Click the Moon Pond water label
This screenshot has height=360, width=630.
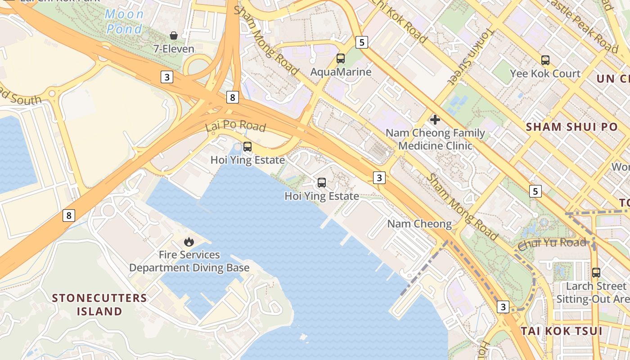pos(124,22)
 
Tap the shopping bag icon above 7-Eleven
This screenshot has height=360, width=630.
pos(174,36)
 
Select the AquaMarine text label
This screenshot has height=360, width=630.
pos(341,72)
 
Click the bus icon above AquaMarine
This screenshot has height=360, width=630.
pos(341,58)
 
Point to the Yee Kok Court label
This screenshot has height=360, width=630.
pos(545,73)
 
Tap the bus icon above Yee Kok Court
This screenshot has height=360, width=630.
pos(545,60)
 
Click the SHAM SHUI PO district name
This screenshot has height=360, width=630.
pos(572,127)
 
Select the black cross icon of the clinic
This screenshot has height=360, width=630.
pos(435,120)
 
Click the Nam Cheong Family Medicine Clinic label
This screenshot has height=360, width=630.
pos(435,139)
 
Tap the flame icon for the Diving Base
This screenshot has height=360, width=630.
pos(189,242)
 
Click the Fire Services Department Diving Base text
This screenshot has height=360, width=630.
pos(189,261)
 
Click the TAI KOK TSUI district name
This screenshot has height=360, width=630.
pos(561,331)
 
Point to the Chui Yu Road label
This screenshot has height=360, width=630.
pos(552,243)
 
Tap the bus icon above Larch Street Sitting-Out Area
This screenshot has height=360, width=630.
pos(596,273)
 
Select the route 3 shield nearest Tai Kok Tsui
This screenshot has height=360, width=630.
pos(503,307)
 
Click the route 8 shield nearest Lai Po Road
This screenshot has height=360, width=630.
pos(232,97)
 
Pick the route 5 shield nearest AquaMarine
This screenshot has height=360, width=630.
pos(362,42)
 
